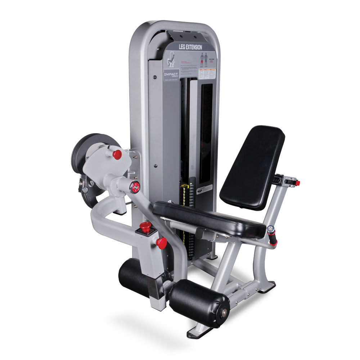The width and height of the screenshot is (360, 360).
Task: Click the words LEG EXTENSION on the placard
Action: [x=190, y=47]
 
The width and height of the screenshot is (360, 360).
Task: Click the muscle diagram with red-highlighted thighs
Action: [x=204, y=59]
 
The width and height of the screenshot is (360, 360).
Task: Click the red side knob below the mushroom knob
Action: [x=162, y=243]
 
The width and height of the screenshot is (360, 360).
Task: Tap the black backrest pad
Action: [x=252, y=167]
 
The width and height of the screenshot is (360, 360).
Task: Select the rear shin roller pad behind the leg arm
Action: [x=133, y=277]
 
